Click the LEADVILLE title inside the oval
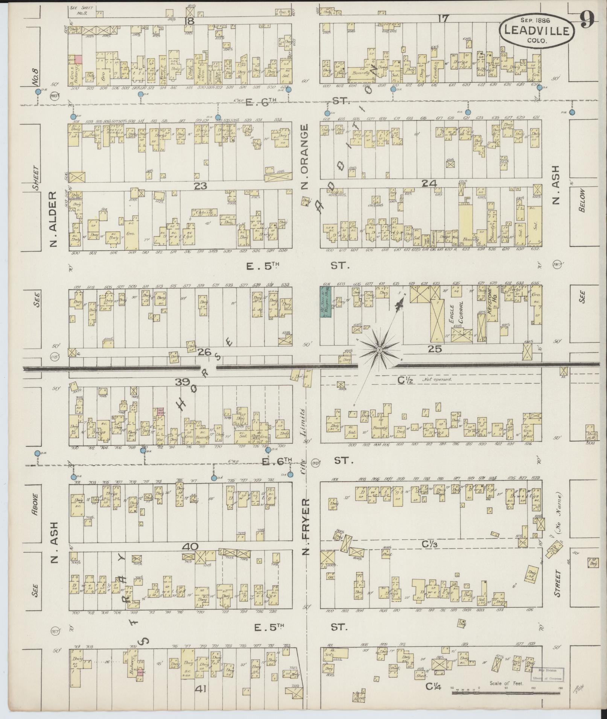click(x=537, y=30)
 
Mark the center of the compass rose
click(x=379, y=350)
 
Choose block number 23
click(x=201, y=185)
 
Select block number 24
click(x=429, y=183)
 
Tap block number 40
click(x=191, y=546)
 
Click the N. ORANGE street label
click(x=305, y=157)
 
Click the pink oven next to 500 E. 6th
click(x=78, y=59)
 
